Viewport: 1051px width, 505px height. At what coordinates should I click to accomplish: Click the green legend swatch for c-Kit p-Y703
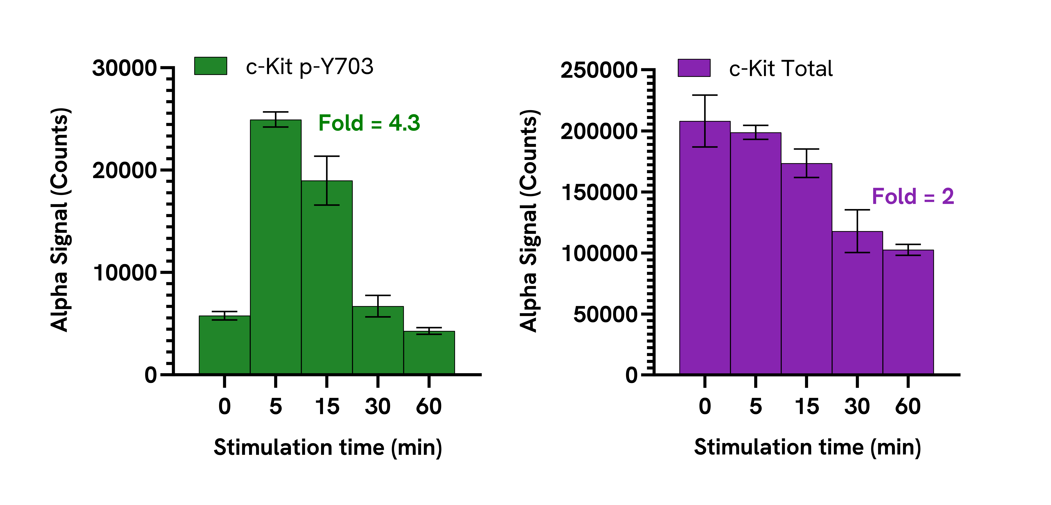click(x=211, y=66)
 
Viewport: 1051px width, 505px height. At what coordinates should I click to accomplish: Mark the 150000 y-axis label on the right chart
click(x=599, y=192)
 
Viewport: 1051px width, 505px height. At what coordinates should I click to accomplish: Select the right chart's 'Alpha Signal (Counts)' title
click(x=529, y=220)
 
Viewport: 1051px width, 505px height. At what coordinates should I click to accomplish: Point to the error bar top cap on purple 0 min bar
click(x=705, y=95)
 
